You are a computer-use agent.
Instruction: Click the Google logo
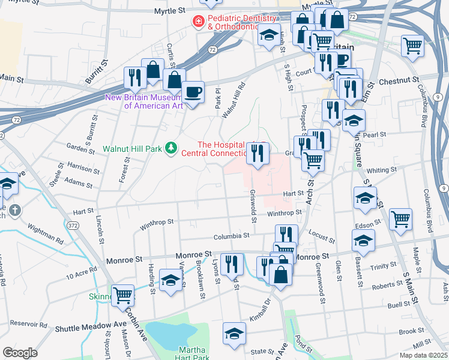20,353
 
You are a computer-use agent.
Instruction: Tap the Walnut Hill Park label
132,148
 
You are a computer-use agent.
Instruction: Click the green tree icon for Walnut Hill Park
172,147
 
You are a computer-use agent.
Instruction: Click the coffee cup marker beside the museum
193,92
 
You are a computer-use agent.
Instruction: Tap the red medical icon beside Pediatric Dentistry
197,22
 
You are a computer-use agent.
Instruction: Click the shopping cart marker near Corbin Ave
122,295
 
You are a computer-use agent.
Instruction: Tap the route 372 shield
73,225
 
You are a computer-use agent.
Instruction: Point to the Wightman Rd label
46,233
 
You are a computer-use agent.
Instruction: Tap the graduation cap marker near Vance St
170,280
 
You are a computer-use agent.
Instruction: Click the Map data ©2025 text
424,355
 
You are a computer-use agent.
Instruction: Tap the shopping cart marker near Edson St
400,219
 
